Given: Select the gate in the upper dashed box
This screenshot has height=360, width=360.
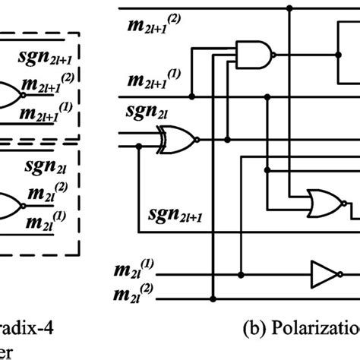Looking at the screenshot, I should click(9, 94).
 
